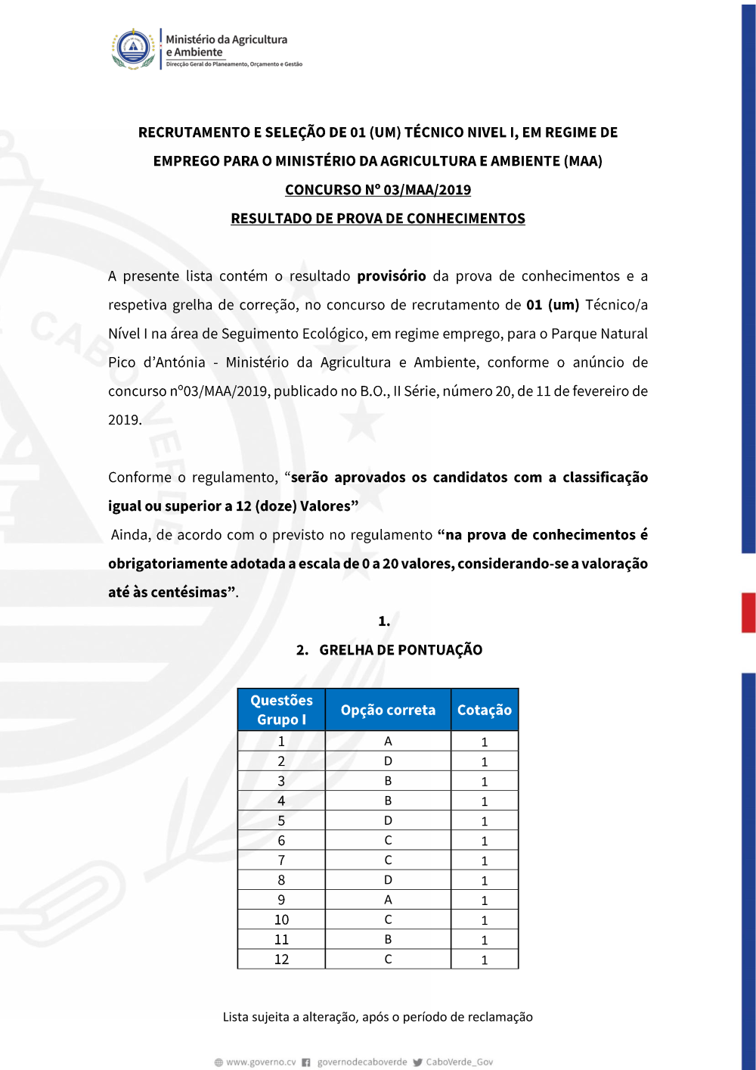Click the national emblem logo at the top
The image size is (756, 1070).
(134, 49)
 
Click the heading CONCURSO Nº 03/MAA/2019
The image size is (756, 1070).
(377, 190)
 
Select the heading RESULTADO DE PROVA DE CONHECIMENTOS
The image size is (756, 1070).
(377, 219)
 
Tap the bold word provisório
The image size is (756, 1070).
(391, 276)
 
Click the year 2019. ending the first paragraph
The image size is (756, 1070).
(125, 420)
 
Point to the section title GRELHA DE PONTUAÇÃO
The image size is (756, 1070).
(400, 650)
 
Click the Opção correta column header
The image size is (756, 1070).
(388, 710)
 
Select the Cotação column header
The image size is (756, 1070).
(485, 710)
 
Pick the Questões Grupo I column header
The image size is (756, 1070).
(281, 710)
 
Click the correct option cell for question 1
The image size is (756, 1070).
(388, 742)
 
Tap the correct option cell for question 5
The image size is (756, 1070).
(388, 820)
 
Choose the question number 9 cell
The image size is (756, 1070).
(281, 900)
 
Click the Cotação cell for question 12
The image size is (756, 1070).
(485, 960)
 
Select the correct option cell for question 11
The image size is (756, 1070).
(388, 939)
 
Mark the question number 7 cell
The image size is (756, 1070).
(281, 860)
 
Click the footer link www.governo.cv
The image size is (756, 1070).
(260, 1062)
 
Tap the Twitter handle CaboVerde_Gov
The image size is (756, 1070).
(459, 1062)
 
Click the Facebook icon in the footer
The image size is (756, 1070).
(306, 1062)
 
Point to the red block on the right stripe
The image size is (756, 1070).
(748, 612)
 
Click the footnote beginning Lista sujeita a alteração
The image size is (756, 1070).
(377, 1017)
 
